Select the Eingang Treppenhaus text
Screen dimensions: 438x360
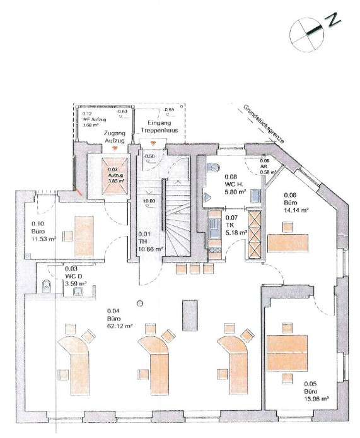pos(163,126)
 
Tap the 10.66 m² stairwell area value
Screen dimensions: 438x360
pos(151,249)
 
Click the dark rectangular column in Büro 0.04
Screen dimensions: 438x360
pos(187,314)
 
